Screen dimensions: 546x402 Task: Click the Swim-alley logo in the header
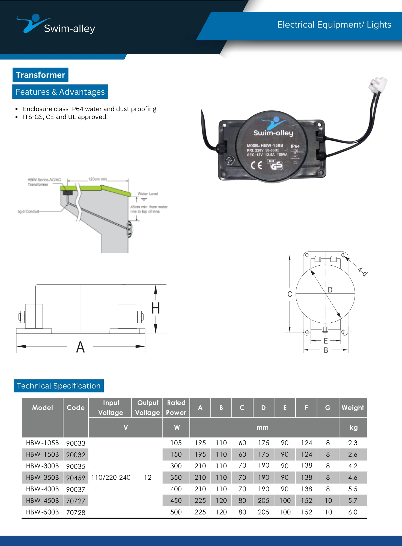[56, 25]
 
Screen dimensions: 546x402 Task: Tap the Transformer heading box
[40, 75]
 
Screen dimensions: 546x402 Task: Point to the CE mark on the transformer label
[257, 165]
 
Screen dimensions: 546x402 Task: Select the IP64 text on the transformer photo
[295, 146]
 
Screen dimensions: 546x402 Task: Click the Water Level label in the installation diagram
[148, 194]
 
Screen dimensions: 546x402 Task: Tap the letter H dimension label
[156, 308]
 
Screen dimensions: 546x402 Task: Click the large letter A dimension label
[80, 347]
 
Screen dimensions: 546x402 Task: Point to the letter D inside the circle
[330, 290]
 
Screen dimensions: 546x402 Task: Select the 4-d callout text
[363, 272]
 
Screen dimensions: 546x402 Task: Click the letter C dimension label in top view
[290, 294]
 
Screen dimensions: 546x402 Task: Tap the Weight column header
[353, 408]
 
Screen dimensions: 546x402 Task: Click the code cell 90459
[76, 478]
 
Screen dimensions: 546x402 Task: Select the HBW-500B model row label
[42, 512]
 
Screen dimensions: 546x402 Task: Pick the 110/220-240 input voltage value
[111, 477]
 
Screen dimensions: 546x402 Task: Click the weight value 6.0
[353, 512]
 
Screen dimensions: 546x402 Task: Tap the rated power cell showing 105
[176, 443]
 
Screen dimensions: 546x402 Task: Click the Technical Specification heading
[59, 386]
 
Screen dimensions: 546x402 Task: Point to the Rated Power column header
[176, 408]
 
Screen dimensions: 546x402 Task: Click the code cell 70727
[76, 501]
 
